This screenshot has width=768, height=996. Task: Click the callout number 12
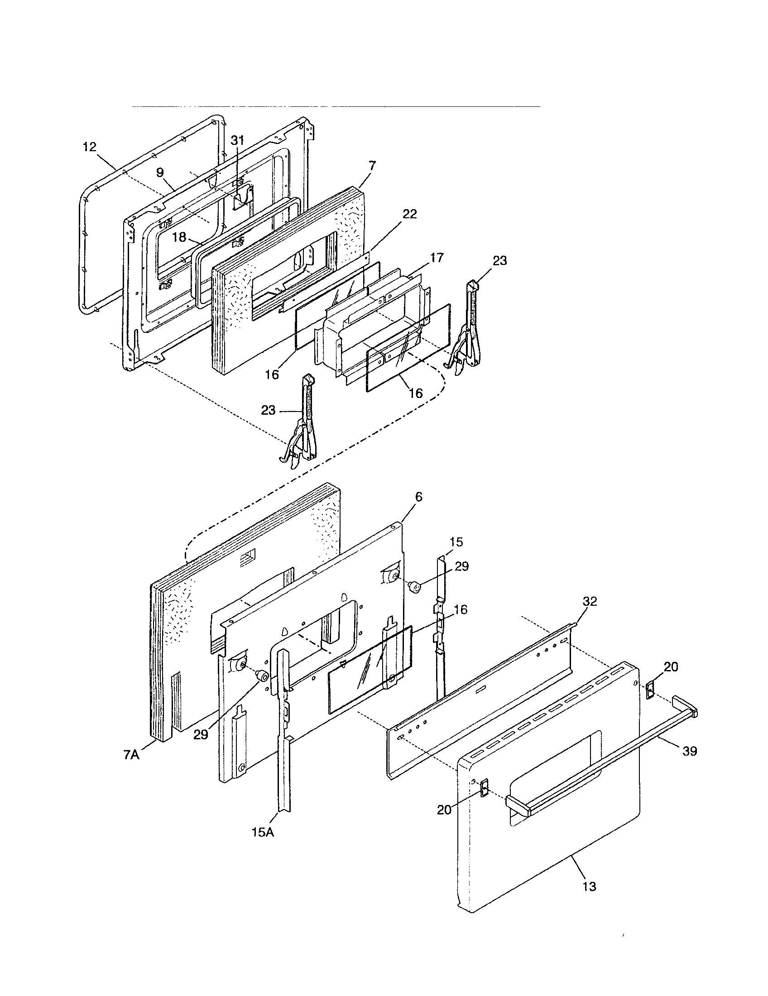coord(90,147)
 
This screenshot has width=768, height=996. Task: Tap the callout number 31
coord(237,140)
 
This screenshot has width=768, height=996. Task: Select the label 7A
coord(131,755)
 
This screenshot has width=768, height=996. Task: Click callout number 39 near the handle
coord(690,751)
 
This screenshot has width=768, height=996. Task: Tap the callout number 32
coord(589,601)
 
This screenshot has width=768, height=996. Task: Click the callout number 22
coord(409,214)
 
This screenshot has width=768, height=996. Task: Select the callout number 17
coord(436,258)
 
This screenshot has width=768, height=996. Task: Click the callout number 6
coord(419,497)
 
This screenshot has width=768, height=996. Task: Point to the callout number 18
coord(180,237)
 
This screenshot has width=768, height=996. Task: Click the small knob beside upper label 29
coord(415,587)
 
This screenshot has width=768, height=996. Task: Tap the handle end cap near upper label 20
coord(650,690)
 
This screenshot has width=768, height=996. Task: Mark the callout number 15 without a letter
coord(456,542)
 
